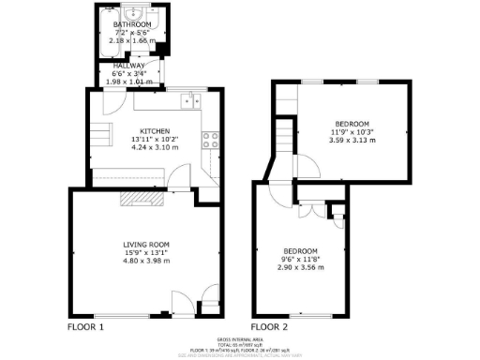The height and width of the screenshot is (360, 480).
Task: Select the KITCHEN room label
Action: click(x=154, y=131)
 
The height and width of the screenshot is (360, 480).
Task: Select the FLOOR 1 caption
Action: click(x=85, y=327)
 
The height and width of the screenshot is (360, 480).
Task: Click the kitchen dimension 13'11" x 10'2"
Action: click(x=154, y=140)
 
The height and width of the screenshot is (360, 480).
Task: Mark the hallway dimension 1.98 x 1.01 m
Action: click(x=127, y=82)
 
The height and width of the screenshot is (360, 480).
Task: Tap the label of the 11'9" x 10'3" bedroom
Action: click(x=352, y=124)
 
